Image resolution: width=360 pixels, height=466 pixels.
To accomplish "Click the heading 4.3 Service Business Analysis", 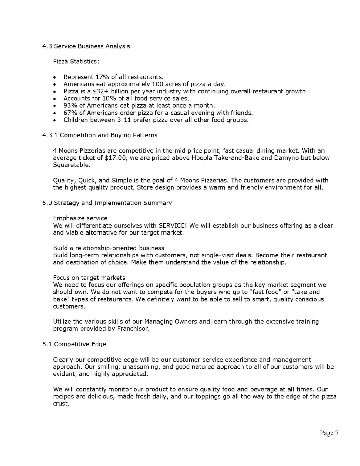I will pyautogui.click(x=86, y=46).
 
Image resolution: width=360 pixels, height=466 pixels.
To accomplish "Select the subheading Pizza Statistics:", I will pyautogui.click(x=76, y=62).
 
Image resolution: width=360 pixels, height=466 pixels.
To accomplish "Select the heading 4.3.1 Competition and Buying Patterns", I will pyautogui.click(x=100, y=135).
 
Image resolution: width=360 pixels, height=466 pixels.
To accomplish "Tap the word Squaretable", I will pyautogui.click(x=71, y=165).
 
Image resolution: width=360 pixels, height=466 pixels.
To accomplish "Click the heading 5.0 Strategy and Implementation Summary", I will pyautogui.click(x=107, y=203).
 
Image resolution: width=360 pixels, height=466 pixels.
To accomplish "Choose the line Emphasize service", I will pyautogui.click(x=80, y=218).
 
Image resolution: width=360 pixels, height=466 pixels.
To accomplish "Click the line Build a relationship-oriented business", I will pyautogui.click(x=109, y=248).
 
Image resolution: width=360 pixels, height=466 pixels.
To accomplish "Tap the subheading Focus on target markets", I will pyautogui.click(x=89, y=278).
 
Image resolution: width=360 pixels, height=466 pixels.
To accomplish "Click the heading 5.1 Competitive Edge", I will pyautogui.click(x=74, y=344).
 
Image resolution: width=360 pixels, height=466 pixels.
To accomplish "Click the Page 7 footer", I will pyautogui.click(x=329, y=433).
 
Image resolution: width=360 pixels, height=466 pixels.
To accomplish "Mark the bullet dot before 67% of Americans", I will pyautogui.click(x=54, y=113).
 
